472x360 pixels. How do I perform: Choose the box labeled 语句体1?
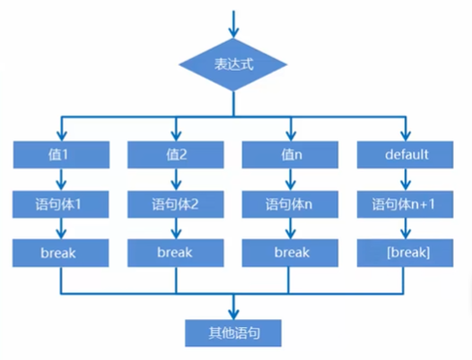click(x=61, y=204)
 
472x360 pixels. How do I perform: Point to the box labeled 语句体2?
click(x=176, y=204)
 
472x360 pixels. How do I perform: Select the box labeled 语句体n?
click(x=289, y=204)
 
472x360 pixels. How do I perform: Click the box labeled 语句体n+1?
click(x=406, y=204)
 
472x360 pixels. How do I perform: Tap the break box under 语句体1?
click(x=61, y=253)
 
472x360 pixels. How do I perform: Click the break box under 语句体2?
click(x=176, y=253)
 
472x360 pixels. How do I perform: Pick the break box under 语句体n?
click(x=289, y=253)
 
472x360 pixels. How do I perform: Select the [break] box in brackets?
click(x=406, y=253)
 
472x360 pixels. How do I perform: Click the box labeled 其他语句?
click(x=233, y=332)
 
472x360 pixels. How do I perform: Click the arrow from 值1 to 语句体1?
click(x=61, y=180)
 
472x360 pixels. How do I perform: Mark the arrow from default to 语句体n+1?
click(x=406, y=180)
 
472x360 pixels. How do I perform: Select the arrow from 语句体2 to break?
click(x=176, y=228)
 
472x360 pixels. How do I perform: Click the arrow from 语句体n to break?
click(x=289, y=228)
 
